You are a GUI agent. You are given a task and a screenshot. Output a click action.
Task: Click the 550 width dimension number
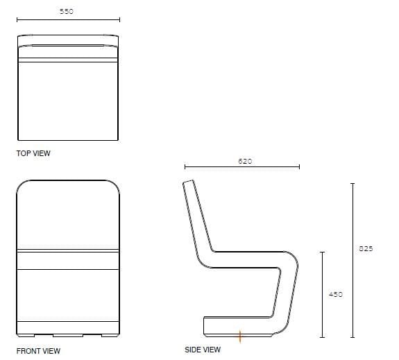67,12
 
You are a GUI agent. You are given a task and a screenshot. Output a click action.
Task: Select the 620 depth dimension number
245,161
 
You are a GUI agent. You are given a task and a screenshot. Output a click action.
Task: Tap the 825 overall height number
366,249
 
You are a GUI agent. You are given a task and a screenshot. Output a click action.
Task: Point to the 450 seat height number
335,294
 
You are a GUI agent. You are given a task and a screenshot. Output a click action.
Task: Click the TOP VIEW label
33,153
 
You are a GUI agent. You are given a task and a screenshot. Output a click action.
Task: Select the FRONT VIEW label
38,351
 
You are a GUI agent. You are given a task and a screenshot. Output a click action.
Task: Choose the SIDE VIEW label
203,350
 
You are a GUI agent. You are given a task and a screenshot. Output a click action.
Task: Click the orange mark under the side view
240,337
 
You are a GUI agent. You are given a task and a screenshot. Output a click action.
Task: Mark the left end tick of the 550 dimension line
16,19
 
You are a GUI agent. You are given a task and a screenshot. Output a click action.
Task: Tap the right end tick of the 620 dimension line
299,167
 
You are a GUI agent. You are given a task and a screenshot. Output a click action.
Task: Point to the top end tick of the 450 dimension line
323,252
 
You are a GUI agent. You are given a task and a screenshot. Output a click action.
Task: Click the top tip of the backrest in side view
187,182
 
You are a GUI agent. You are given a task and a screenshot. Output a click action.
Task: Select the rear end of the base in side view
204,325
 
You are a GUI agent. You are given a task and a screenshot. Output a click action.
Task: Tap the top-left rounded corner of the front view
22,185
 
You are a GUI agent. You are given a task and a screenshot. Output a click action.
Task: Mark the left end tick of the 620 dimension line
185,167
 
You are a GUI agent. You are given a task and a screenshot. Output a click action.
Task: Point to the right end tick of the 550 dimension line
119,19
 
